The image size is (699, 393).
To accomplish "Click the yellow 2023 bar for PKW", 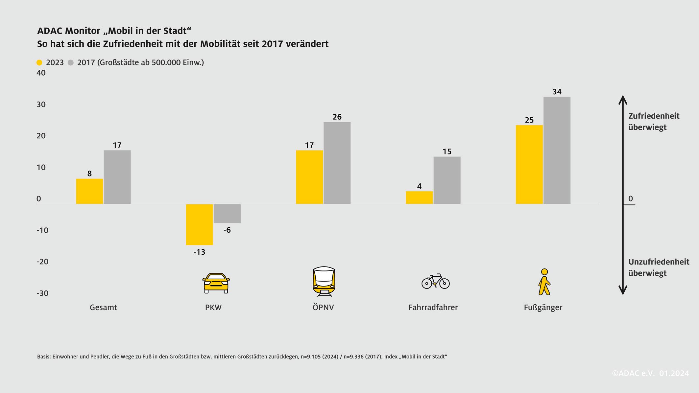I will (199, 224).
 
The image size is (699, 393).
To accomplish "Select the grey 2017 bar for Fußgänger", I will (557, 150).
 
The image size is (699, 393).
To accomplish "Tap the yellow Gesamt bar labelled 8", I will (89, 191).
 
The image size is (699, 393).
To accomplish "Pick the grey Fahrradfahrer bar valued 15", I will (447, 180).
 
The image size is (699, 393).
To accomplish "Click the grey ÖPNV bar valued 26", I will (337, 163).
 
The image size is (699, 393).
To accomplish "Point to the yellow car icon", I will (216, 283).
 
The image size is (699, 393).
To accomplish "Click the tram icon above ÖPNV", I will (324, 282).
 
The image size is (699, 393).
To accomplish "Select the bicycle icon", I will (435, 282).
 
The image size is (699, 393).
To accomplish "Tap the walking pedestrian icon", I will (544, 282).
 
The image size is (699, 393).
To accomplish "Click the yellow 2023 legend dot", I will (39, 63).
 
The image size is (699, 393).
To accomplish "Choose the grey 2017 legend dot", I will (71, 63).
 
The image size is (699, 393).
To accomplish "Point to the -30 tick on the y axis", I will (42, 293).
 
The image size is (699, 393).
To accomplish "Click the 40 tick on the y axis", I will (41, 73).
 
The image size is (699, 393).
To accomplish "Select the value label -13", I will (199, 252).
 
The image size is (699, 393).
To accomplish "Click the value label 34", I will (557, 92).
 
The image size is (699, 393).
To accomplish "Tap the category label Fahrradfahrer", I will (433, 308).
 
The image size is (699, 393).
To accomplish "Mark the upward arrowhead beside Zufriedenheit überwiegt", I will (623, 99).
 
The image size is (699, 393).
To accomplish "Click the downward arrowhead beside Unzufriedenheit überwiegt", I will (623, 290).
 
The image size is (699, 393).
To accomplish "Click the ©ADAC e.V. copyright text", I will (633, 373).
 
